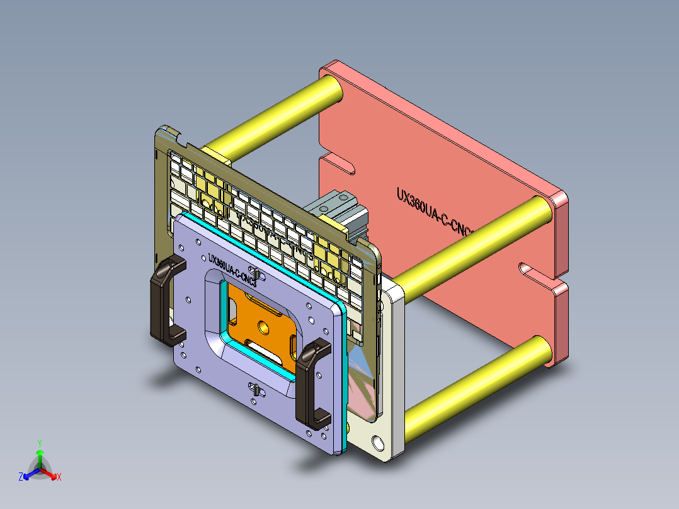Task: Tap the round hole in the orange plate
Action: (262, 327)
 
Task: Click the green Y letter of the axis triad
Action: (39, 442)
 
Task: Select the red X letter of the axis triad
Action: (59, 477)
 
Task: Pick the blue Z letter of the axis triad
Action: (21, 477)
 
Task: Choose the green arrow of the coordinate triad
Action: (39, 457)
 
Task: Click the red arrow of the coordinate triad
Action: (50, 474)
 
